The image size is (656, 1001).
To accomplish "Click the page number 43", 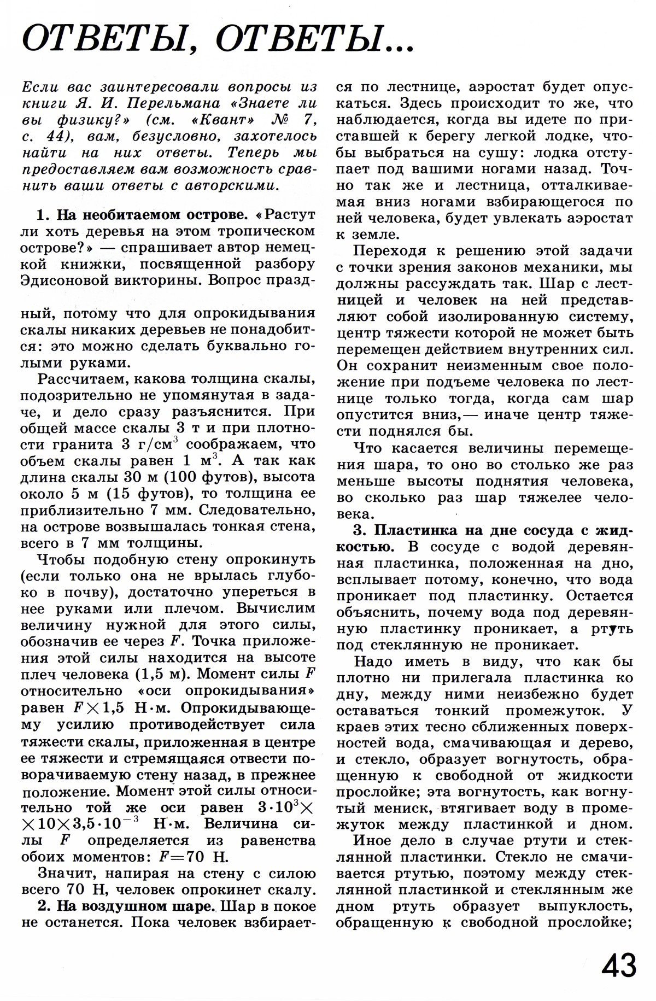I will pyautogui.click(x=619, y=966).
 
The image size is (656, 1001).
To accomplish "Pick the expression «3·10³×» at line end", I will pyautogui.click(x=284, y=807).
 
